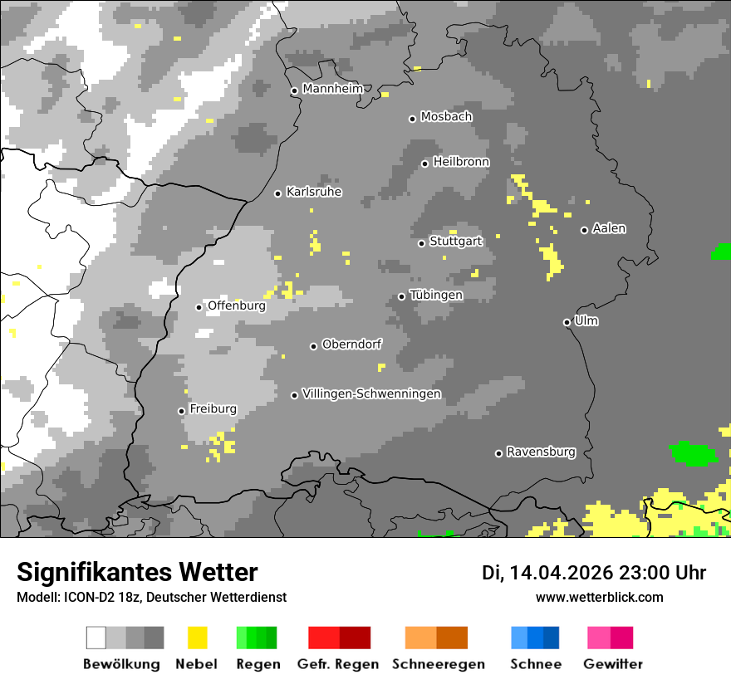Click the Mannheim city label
334,89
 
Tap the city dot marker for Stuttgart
422,243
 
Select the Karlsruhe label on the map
314,192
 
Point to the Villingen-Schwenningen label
371,393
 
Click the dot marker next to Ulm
567,322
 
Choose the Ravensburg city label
541,452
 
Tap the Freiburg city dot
181,411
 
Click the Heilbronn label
461,162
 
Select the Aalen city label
609,228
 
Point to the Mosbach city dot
412,119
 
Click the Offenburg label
236,305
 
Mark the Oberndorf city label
351,344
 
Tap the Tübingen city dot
402,296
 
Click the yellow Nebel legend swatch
197,638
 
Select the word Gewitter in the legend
612,664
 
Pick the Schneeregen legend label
438,664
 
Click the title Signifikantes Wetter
137,572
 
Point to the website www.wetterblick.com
599,597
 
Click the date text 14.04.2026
561,573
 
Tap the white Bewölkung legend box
96,638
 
